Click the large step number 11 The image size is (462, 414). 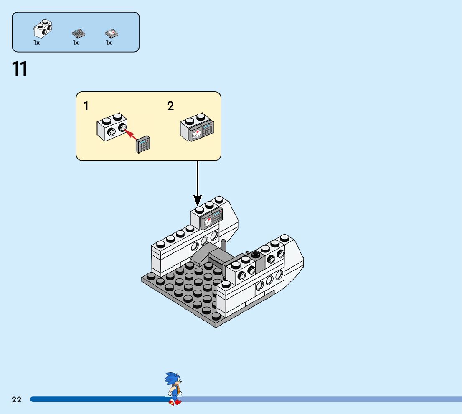pyautogui.click(x=20, y=69)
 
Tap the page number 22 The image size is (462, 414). pyautogui.click(x=17, y=400)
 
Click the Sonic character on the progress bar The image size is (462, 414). pyautogui.click(x=174, y=388)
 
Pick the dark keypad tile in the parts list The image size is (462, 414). pyautogui.click(x=79, y=33)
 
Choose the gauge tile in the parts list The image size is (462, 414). pyautogui.click(x=112, y=33)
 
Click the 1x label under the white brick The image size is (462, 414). pyautogui.click(x=37, y=43)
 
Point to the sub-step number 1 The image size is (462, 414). pyautogui.click(x=86, y=106)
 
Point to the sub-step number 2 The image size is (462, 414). pyautogui.click(x=170, y=106)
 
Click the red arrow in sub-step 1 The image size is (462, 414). pyautogui.click(x=131, y=134)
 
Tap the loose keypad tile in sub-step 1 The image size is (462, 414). pyautogui.click(x=144, y=144)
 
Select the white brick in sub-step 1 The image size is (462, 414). pyautogui.click(x=112, y=127)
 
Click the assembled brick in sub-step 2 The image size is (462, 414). pyautogui.click(x=196, y=127)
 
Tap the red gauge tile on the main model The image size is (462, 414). pyautogui.click(x=208, y=221)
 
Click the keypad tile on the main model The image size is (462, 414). pyautogui.click(x=218, y=216)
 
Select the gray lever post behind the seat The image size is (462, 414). pyautogui.click(x=223, y=246)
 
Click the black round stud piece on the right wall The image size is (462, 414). pyautogui.click(x=256, y=253)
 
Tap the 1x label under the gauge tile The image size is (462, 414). pyautogui.click(x=109, y=43)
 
